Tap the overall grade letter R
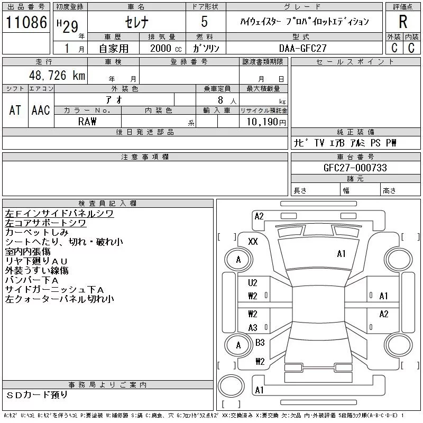pyautogui.click(x=403, y=22)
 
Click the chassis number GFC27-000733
pyautogui.click(x=355, y=168)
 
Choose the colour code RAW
pyautogui.click(x=87, y=122)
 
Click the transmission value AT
pyautogui.click(x=15, y=111)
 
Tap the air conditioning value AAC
pyautogui.click(x=41, y=111)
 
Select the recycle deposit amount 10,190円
pyautogui.click(x=263, y=122)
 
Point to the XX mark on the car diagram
pyautogui.click(x=253, y=242)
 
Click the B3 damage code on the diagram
pyautogui.click(x=260, y=343)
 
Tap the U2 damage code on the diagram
pyautogui.click(x=253, y=283)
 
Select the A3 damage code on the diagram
pyautogui.click(x=253, y=328)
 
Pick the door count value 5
pyautogui.click(x=204, y=22)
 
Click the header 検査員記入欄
pyautogui.click(x=107, y=204)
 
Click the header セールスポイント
pyautogui.click(x=355, y=62)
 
